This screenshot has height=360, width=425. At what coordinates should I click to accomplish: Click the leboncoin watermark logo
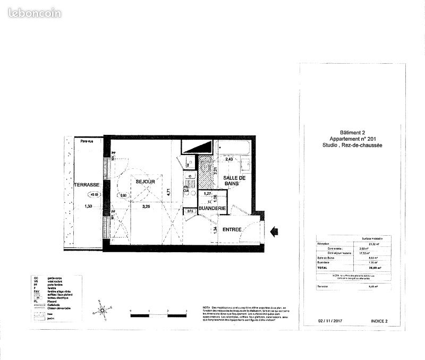pyautogui.click(x=35, y=13)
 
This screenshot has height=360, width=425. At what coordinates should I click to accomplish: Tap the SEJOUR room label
pyautogui.click(x=144, y=182)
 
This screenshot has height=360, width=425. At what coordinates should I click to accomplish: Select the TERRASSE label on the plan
pyautogui.click(x=87, y=185)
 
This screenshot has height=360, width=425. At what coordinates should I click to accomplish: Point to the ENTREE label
pyautogui.click(x=232, y=229)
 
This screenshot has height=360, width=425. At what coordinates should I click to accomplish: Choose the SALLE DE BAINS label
pyautogui.click(x=234, y=182)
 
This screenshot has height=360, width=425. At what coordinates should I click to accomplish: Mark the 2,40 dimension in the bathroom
pyautogui.click(x=229, y=159)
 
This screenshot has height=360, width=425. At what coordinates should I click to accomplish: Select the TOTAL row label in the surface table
pyautogui.click(x=322, y=269)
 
